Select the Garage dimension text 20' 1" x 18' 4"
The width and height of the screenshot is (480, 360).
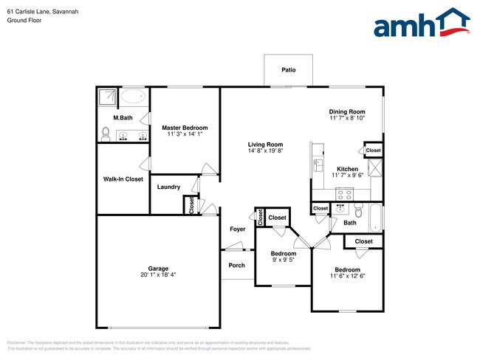[158, 274]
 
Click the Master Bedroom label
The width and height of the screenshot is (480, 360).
[185, 128]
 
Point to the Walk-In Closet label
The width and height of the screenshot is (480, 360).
[123, 179]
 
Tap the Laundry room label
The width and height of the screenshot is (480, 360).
[168, 187]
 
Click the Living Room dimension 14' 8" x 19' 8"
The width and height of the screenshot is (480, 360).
[266, 151]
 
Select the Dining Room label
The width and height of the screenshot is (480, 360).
[347, 112]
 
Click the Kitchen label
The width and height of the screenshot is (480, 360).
[348, 169]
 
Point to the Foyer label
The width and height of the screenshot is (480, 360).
[236, 229]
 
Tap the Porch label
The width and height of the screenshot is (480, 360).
[236, 266]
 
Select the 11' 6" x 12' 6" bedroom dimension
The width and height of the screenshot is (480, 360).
[347, 275]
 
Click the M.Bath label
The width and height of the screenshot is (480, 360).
[122, 118]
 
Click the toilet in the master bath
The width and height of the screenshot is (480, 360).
[106, 134]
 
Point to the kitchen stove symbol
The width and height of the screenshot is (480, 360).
[345, 193]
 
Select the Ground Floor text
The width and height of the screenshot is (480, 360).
[24, 21]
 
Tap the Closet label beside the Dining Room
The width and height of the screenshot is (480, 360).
[374, 150]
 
